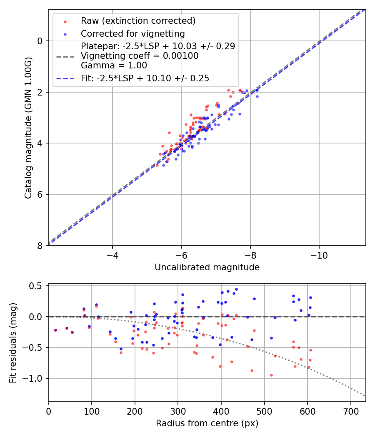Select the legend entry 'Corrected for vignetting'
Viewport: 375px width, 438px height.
pyautogui.click(x=132, y=33)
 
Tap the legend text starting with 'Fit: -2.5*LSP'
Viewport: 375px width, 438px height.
pyautogui.click(x=145, y=78)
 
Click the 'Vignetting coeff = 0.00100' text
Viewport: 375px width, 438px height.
pyautogui.click(x=140, y=55)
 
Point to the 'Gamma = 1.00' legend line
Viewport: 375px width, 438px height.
pyautogui.click(x=114, y=65)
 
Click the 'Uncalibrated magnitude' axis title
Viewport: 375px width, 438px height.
pyautogui.click(x=207, y=267)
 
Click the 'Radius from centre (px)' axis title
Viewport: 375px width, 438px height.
pyautogui.click(x=207, y=423)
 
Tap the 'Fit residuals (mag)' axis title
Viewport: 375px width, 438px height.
pyautogui.click(x=13, y=343)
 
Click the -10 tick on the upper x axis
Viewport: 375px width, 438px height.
pyautogui.click(x=319, y=254)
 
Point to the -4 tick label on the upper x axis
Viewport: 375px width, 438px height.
pyautogui.click(x=112, y=254)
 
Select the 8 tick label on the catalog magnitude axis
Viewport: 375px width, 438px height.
pyautogui.click(x=40, y=246)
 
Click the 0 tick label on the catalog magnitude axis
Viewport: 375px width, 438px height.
pyautogui.click(x=40, y=41)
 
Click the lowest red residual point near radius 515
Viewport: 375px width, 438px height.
pyautogui.click(x=271, y=375)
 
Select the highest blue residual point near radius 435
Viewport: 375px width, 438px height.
pyautogui.click(x=236, y=289)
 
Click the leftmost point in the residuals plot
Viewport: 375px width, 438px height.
pyautogui.click(x=55, y=330)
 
